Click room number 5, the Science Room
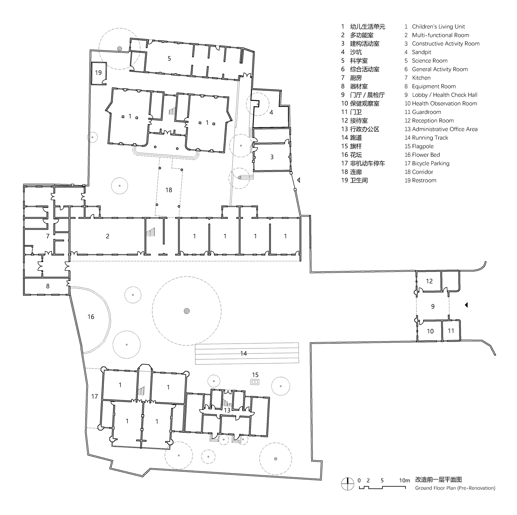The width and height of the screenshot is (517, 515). point(169,59)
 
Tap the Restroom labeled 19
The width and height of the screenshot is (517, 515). point(98,73)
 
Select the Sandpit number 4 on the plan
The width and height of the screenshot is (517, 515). point(271,113)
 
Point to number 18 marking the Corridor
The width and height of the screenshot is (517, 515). point(169,190)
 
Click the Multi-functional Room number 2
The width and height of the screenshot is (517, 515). point(108,236)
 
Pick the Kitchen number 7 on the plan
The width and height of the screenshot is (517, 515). point(48,236)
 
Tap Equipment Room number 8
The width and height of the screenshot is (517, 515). point(48,286)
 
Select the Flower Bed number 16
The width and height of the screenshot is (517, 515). point(91,317)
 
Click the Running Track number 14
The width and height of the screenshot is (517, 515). point(243,354)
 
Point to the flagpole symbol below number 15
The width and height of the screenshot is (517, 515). point(255,382)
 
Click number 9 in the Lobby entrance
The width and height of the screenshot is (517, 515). point(433,306)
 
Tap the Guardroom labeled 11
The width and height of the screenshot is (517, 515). point(451,331)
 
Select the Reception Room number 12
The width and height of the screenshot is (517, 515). point(429,281)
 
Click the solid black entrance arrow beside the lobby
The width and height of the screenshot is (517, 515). point(466,305)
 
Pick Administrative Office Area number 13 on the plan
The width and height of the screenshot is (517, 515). point(227,410)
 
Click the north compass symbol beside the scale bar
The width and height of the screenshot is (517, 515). point(348,484)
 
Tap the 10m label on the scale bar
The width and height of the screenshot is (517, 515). point(404,480)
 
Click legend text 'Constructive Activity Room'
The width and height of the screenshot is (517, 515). point(446,44)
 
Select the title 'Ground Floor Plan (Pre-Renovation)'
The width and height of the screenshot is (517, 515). point(455,488)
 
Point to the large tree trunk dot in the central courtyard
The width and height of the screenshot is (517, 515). point(187,311)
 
